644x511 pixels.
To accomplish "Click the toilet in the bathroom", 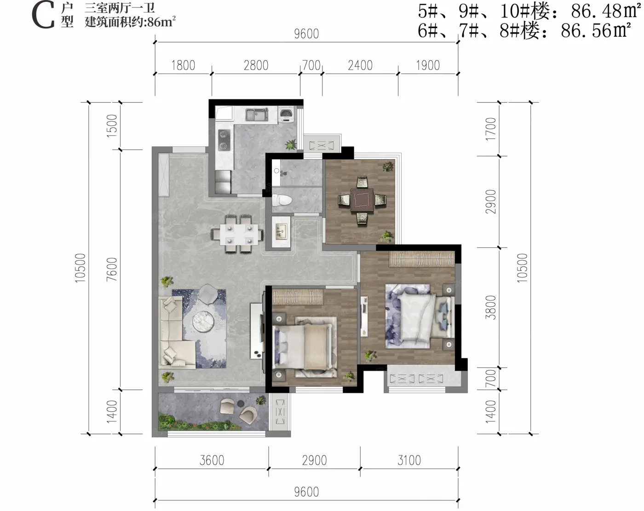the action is click(282, 201).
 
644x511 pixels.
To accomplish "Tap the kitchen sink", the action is click(257, 115).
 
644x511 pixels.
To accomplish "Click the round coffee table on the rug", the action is click(203, 322).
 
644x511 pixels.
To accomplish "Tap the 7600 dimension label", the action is click(112, 269).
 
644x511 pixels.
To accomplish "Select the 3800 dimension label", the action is click(491, 307).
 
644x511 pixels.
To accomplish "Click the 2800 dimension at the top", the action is click(256, 65).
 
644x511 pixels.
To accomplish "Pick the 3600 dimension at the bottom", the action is click(212, 460).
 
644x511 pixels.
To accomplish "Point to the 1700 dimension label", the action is click(491, 129).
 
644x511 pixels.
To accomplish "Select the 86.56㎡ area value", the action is click(596, 30).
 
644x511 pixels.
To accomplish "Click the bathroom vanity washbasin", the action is click(281, 232).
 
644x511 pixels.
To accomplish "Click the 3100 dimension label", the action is click(409, 460).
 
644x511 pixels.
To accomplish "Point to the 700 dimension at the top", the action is click(311, 65).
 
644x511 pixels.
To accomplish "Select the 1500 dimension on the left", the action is click(112, 126).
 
